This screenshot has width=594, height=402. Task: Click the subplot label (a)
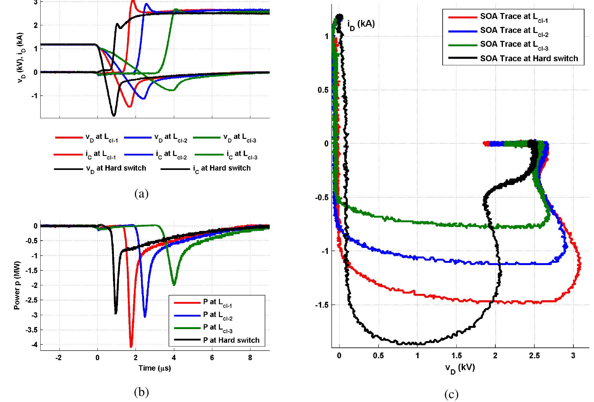point(141,193)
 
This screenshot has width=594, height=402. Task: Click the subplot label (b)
point(141,392)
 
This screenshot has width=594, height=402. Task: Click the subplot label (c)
point(451,394)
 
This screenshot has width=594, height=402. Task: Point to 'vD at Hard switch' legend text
point(116,169)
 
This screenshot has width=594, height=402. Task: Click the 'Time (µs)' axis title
point(155,368)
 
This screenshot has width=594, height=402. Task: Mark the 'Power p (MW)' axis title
point(17,285)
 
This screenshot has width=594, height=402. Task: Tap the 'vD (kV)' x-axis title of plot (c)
point(460,368)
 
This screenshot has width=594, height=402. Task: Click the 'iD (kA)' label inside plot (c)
point(361,24)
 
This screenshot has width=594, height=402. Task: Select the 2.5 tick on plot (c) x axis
point(534,356)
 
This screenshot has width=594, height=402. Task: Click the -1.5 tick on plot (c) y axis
point(322,305)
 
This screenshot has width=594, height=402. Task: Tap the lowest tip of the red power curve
point(131,347)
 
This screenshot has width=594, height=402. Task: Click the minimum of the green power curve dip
point(174,285)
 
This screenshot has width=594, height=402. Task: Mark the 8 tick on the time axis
point(250,358)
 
